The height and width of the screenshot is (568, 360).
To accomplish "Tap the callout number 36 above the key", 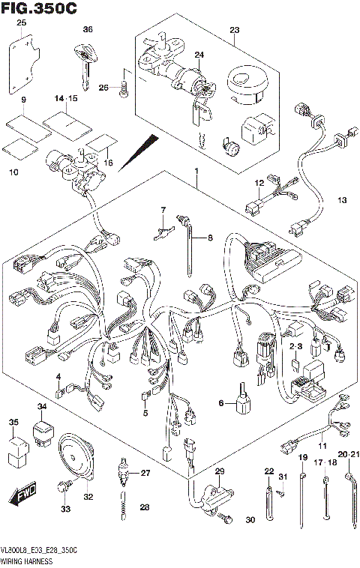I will tap(87, 29).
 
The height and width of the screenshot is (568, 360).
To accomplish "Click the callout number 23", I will tap(233, 30).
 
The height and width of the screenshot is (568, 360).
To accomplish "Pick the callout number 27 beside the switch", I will tap(145, 473).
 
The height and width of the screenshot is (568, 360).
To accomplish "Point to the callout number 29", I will tap(220, 470).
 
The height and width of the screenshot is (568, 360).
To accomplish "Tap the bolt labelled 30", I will tap(223, 516).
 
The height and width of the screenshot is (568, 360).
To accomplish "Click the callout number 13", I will tap(343, 199).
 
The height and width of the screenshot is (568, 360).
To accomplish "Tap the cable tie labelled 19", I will tap(303, 495).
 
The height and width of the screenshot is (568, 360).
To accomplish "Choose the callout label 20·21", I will tap(349, 455).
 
